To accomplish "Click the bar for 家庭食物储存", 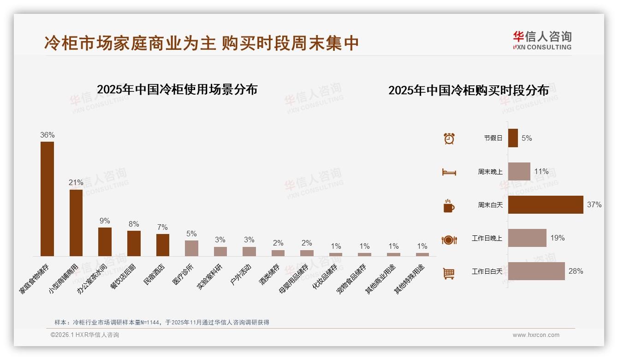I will click(47, 198).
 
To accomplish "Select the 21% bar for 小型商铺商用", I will click(76, 222).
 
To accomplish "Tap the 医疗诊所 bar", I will click(191, 248).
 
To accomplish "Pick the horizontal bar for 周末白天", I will click(546, 204).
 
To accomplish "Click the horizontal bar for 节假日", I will click(513, 138).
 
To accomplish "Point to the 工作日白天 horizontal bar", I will click(536, 271).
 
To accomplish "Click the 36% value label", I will click(47, 135).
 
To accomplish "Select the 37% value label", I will click(594, 204).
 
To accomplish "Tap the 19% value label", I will click(557, 238).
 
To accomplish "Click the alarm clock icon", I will click(449, 138).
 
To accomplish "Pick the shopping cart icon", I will click(449, 273).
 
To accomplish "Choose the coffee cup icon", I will click(449, 206).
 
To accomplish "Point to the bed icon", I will click(449, 172).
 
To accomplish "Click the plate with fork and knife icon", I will click(449, 240).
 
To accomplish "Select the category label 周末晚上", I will click(490, 172).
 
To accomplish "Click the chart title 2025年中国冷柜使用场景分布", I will click(177, 89).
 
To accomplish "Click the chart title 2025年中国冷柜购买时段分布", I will click(468, 90).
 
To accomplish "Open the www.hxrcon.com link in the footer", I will click(536, 335).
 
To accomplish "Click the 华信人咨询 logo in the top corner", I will click(542, 40).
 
